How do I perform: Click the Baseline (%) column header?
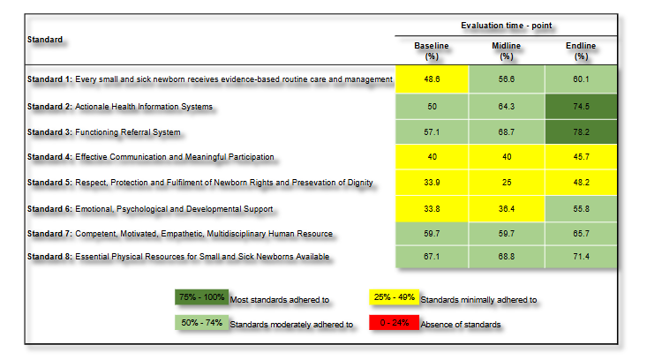point(433,50)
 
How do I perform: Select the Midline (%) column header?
point(507,50)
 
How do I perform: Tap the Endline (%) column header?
point(581,50)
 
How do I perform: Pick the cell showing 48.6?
point(433,79)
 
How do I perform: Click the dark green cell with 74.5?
point(581,106)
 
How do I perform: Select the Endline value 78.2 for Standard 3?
point(581,132)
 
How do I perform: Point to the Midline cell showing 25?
point(507,183)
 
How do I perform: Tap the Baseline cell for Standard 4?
point(433,157)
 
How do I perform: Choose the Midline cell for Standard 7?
point(507,234)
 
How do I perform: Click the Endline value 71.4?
point(581,256)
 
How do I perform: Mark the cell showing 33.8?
point(433,208)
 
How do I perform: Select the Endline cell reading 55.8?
point(581,208)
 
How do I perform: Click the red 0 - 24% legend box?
point(395,323)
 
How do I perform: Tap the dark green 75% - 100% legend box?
point(201,298)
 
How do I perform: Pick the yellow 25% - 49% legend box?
point(395,298)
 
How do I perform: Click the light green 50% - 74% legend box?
point(201,323)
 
